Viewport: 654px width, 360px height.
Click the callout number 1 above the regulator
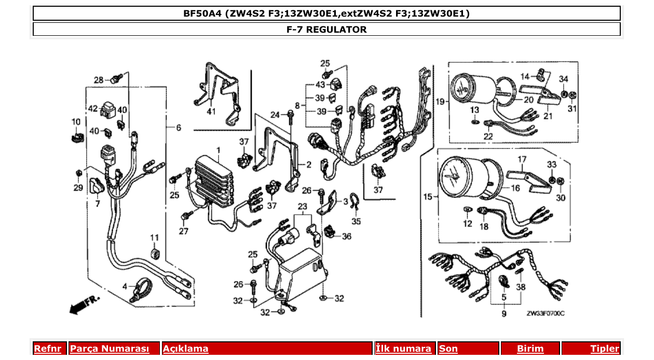(x=219, y=150)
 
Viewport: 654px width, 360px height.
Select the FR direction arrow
(x=84, y=305)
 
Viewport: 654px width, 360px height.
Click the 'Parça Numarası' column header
(x=109, y=349)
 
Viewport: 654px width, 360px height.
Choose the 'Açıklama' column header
(x=185, y=349)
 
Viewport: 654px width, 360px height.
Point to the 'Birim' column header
(x=530, y=349)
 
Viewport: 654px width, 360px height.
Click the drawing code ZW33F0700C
(x=545, y=314)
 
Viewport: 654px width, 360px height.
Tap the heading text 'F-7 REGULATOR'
(x=326, y=30)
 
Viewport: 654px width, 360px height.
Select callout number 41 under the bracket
(x=211, y=112)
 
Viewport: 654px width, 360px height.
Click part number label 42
(x=93, y=109)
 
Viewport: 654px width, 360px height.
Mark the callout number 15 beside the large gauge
(x=428, y=197)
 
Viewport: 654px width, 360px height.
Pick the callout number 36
(x=346, y=236)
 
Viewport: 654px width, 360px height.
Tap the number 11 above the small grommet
(x=154, y=238)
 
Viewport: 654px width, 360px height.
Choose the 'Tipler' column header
(x=604, y=349)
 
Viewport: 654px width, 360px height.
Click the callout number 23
(x=303, y=206)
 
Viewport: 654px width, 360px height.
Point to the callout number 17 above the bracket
(x=522, y=159)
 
